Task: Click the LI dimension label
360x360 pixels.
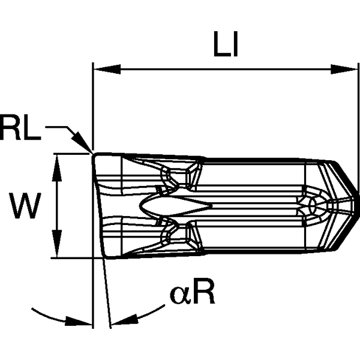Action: (226, 46)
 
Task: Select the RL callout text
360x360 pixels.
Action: (20, 128)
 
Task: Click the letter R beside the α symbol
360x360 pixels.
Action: (204, 293)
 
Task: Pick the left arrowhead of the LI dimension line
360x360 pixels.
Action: (99, 70)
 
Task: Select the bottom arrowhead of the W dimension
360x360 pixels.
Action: (56, 252)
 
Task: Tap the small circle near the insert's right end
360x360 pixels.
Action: (311, 206)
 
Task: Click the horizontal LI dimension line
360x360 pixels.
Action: (222, 70)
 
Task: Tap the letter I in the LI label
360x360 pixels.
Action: (235, 46)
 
